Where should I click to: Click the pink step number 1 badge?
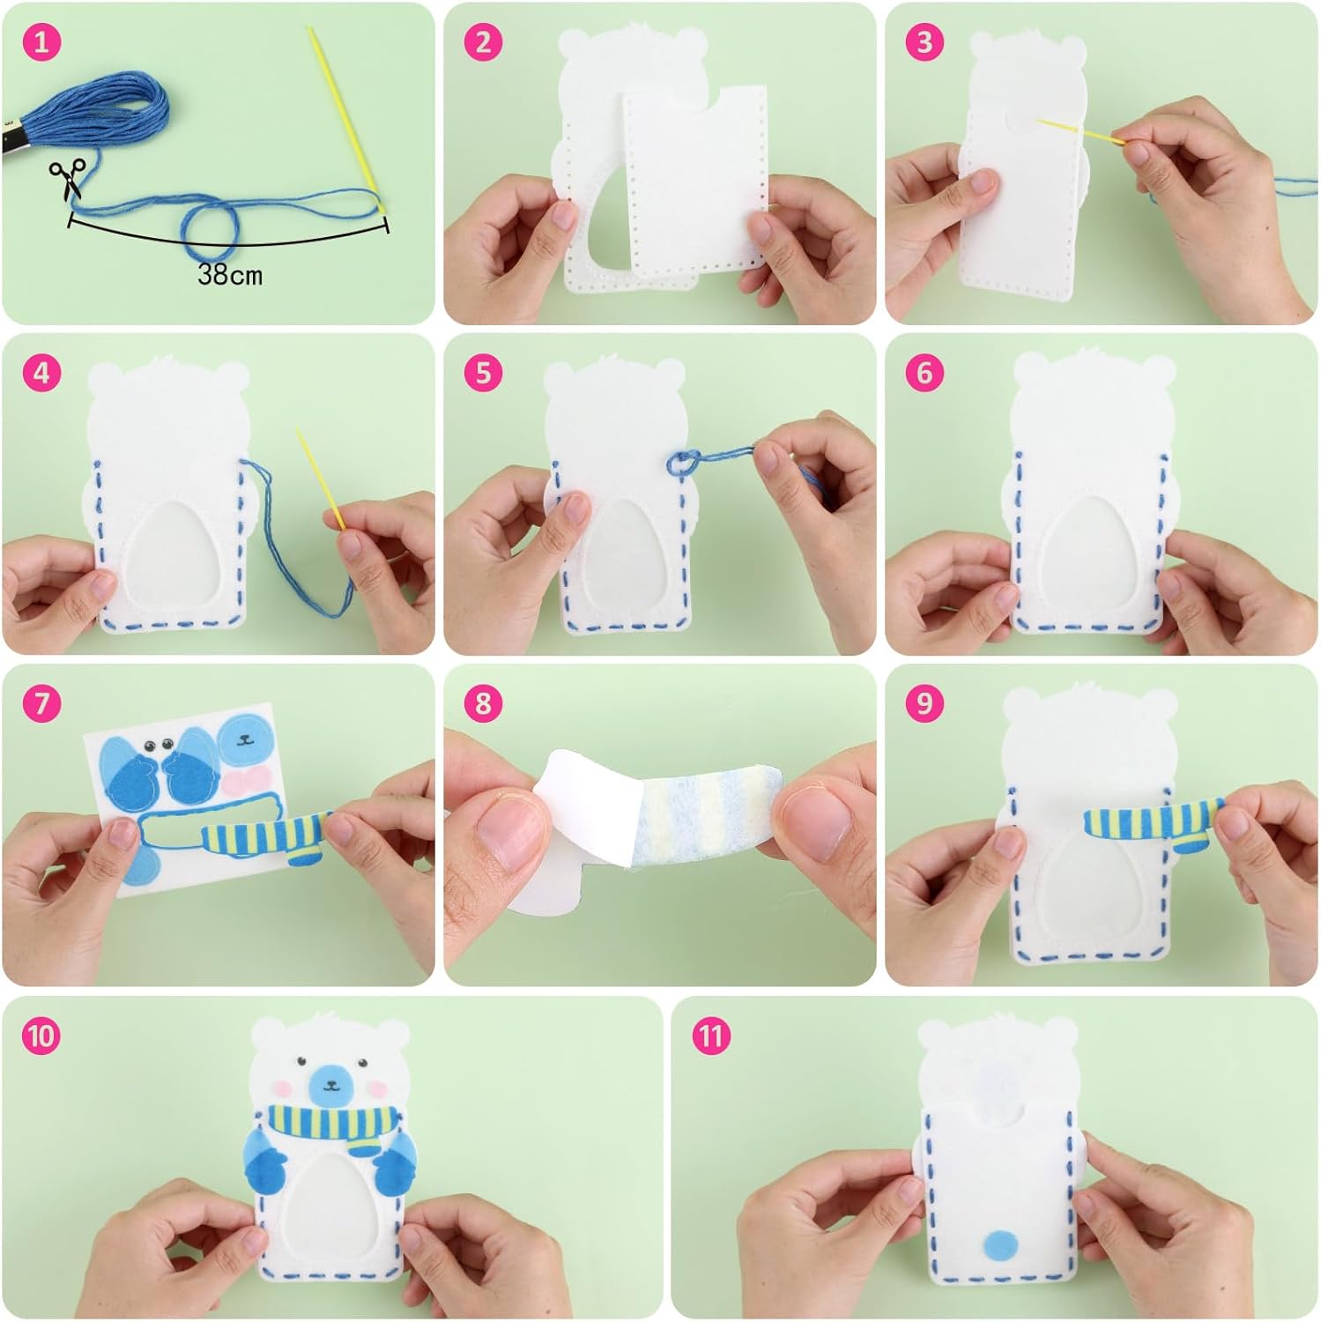click(x=42, y=42)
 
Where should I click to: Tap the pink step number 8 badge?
click(x=483, y=703)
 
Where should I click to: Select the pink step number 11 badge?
click(x=711, y=1036)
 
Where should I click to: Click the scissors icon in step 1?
click(x=68, y=179)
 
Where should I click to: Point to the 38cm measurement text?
click(x=230, y=275)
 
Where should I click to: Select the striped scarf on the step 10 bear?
click(x=330, y=1124)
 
